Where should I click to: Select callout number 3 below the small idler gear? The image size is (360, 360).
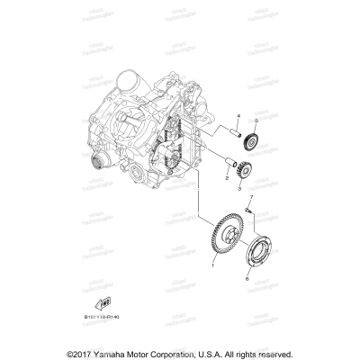pyautogui.click(x=241, y=191)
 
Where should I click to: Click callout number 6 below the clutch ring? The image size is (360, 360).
pyautogui.click(x=246, y=278)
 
